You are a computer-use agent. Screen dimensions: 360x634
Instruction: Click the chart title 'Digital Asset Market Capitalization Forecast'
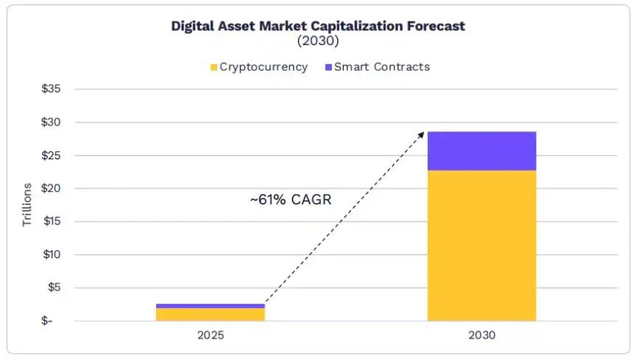(x=318, y=26)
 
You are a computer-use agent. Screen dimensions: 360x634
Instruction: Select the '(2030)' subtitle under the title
(x=318, y=41)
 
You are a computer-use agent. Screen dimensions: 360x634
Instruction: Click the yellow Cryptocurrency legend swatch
(x=214, y=67)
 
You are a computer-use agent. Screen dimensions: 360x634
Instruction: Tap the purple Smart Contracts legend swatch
(x=328, y=67)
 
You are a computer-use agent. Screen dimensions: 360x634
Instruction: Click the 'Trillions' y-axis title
(x=27, y=204)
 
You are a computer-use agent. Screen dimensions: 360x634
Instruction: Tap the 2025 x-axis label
(x=210, y=336)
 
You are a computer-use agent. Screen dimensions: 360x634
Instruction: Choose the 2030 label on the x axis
(x=482, y=336)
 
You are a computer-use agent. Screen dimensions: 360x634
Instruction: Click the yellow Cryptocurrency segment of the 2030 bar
(x=482, y=246)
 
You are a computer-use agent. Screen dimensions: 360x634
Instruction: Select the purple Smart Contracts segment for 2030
(x=482, y=151)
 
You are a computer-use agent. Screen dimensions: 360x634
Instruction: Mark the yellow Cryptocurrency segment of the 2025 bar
(x=210, y=315)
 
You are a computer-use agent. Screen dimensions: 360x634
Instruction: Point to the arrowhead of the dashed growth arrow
(x=422, y=134)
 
